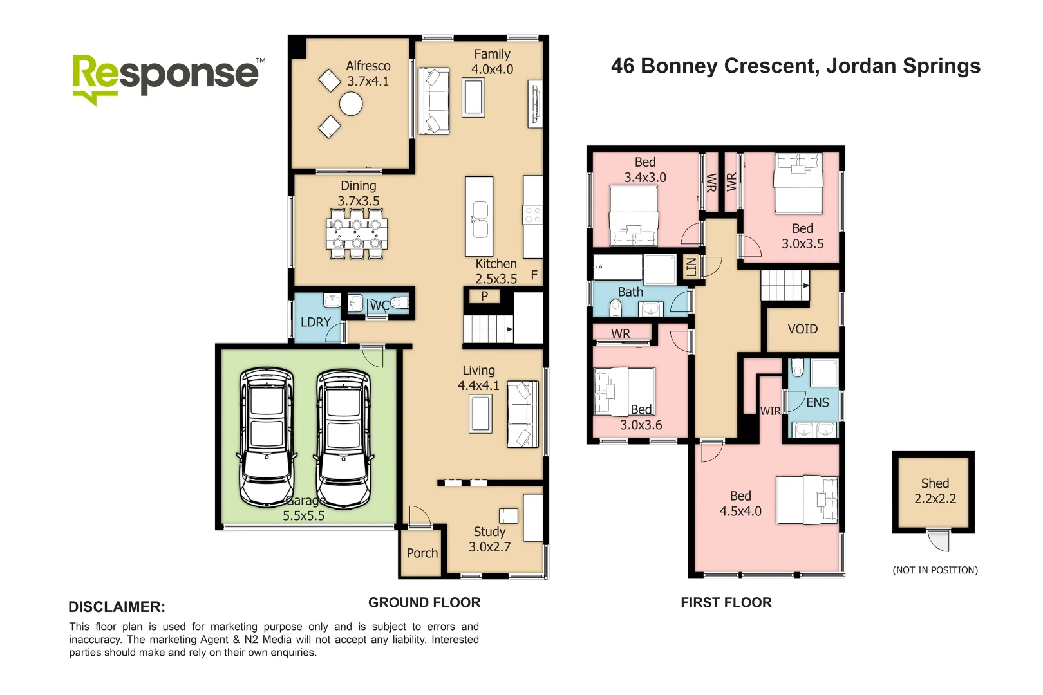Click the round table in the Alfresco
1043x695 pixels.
[351, 104]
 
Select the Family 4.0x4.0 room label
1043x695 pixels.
[492, 61]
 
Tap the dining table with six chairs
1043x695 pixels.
[357, 233]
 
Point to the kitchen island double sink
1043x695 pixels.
[480, 219]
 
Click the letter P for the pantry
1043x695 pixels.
[484, 295]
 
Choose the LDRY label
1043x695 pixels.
[315, 322]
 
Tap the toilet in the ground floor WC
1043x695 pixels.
[400, 304]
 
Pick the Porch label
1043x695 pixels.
[422, 553]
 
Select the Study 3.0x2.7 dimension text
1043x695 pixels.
[489, 547]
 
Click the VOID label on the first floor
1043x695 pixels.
[803, 329]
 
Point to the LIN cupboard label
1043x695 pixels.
[691, 267]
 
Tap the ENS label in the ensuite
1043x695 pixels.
[818, 403]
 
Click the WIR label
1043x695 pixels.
[770, 411]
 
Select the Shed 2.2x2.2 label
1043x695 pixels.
[935, 490]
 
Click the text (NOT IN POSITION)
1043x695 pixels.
[935, 570]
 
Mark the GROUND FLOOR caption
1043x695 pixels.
[424, 602]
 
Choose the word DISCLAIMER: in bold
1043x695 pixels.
[117, 607]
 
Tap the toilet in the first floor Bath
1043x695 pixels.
[615, 308]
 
